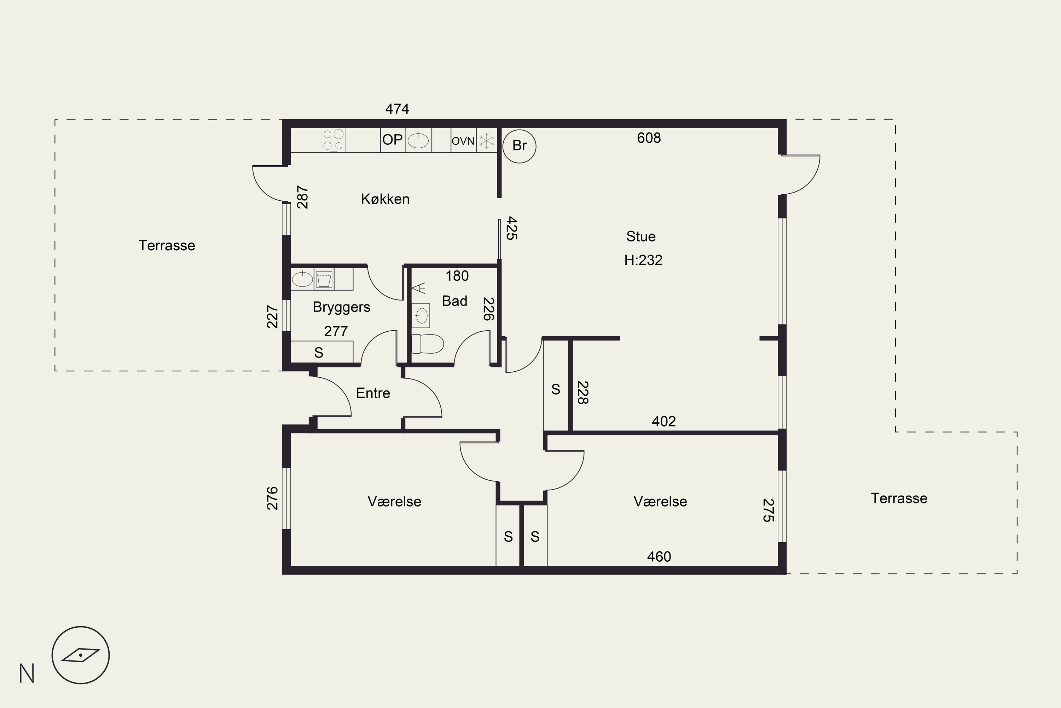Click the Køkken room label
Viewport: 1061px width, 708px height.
385,199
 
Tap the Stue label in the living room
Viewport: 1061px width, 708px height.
641,236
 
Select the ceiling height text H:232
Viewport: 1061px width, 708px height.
643,260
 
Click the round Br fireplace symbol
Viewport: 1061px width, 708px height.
519,146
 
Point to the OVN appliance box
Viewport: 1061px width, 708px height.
463,141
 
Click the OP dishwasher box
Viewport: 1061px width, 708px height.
393,140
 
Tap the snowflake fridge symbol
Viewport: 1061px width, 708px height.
487,141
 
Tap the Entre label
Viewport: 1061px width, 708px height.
373,393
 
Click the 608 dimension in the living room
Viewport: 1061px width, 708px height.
649,138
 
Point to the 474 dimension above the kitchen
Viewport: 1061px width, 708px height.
397,109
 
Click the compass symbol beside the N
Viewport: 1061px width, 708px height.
80,655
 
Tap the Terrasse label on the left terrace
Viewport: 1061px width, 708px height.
167,245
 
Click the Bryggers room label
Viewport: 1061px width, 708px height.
342,307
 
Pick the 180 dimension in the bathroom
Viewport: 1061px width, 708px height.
457,276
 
